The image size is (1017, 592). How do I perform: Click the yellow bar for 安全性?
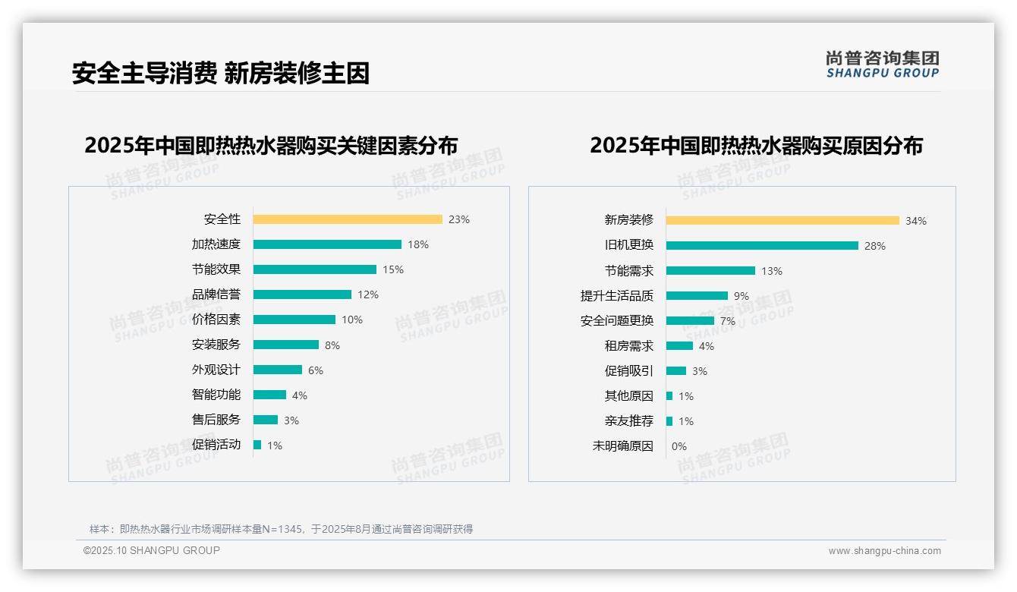[348, 219]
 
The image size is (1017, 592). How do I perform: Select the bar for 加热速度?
[327, 244]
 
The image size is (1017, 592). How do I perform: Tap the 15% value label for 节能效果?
[393, 269]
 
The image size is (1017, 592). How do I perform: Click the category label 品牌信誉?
[216, 294]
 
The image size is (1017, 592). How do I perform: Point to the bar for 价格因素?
[294, 320]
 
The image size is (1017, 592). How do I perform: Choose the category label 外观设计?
[216, 370]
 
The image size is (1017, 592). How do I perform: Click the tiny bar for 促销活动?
[257, 445]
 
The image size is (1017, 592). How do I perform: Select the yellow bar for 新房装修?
[782, 221]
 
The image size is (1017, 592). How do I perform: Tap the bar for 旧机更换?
[762, 246]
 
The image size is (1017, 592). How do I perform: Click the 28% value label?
[875, 246]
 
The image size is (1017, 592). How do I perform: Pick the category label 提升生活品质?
[617, 296]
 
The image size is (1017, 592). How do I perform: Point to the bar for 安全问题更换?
[690, 321]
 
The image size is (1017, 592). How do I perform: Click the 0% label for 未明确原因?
[679, 446]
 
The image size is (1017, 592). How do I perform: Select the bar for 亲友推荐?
[669, 421]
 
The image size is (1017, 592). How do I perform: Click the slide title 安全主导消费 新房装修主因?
[221, 73]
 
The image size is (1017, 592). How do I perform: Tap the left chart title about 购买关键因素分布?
[271, 145]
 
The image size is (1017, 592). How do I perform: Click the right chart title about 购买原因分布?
[756, 145]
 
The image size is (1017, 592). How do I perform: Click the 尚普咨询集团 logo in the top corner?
[882, 64]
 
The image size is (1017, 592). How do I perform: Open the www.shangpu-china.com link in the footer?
[884, 551]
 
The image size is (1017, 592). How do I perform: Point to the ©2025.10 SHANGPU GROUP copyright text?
[152, 550]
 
